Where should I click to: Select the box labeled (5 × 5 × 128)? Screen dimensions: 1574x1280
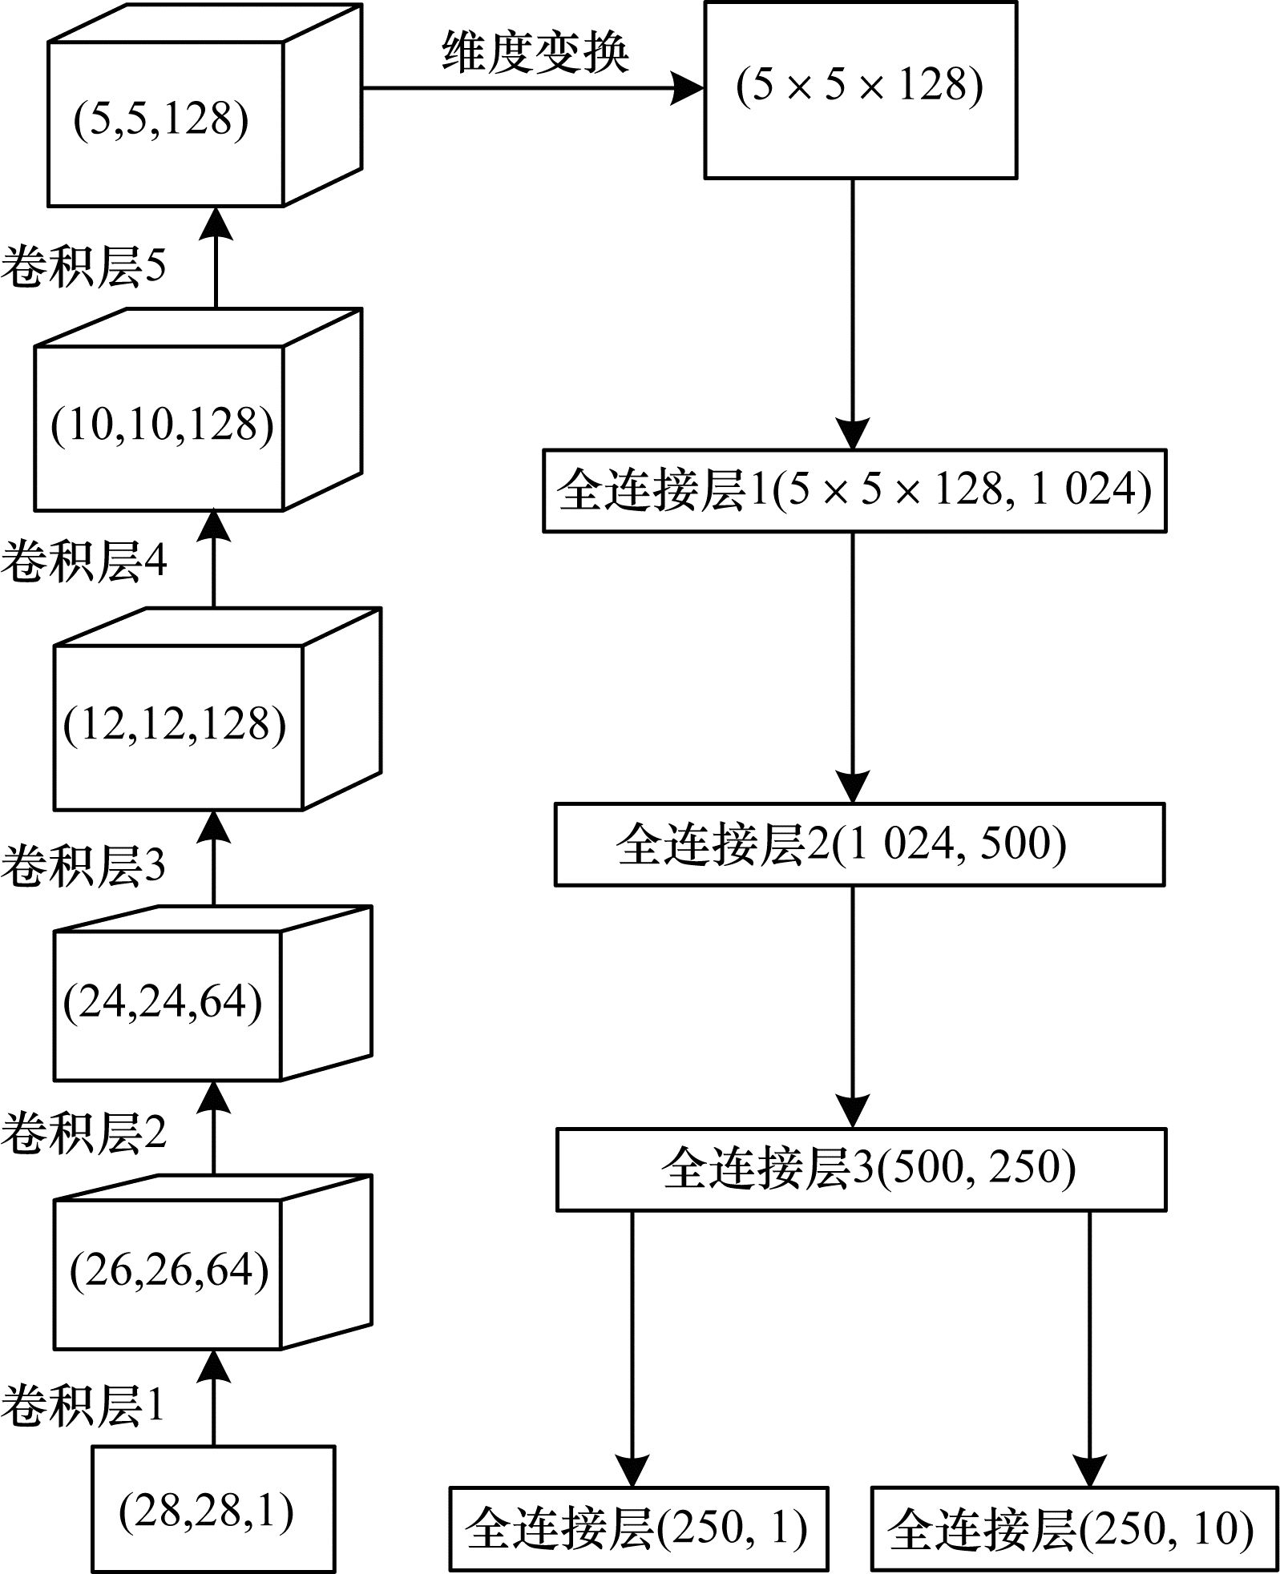point(860,89)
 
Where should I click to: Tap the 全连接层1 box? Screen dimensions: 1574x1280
point(854,490)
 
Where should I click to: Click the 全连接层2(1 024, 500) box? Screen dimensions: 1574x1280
point(859,844)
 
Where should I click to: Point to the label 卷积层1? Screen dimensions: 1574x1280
point(83,1405)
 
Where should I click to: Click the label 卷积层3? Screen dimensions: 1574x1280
point(83,865)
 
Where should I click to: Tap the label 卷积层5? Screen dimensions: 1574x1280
point(83,266)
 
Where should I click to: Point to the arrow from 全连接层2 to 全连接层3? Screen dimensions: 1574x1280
point(852,1006)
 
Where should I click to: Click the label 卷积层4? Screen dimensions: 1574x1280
point(83,560)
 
